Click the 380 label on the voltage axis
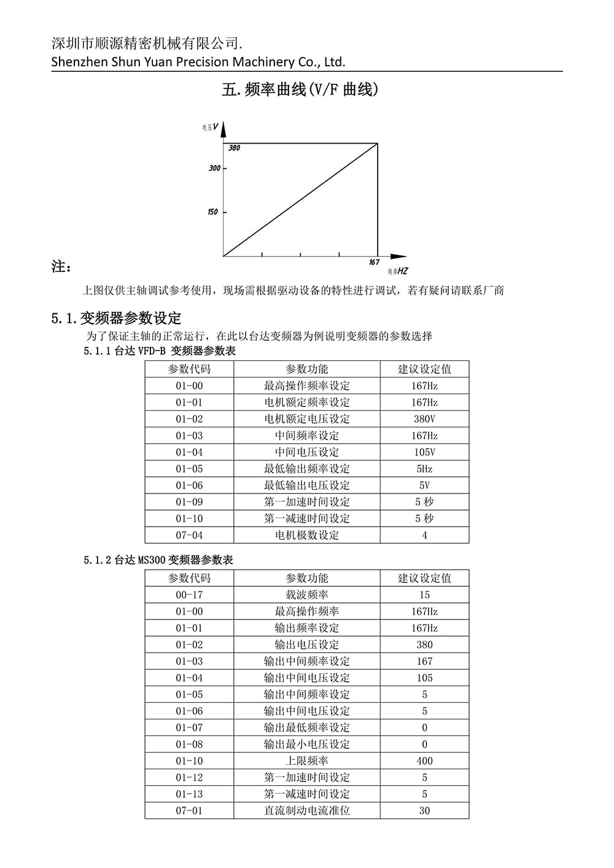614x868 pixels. tap(235, 148)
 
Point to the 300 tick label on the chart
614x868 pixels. tap(214, 168)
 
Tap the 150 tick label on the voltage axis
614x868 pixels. tap(212, 212)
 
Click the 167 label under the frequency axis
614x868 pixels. tap(374, 262)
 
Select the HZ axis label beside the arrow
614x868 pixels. tap(402, 271)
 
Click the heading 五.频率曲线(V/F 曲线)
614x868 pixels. tap(300, 90)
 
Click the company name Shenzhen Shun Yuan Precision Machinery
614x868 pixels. tap(198, 61)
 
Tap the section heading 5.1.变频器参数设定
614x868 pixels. tap(117, 318)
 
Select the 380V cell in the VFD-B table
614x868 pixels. tap(424, 419)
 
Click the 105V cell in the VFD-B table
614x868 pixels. tap(424, 452)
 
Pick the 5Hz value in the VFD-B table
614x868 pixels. tap(424, 469)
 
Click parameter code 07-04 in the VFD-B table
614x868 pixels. tap(189, 535)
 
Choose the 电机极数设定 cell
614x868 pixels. tap(306, 535)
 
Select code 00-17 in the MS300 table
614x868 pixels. tap(189, 595)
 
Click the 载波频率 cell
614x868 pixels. tap(306, 595)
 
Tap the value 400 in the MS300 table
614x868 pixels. tap(424, 761)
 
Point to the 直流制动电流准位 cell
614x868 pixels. tap(306, 810)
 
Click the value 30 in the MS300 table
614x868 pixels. tap(424, 810)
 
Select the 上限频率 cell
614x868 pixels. tap(306, 761)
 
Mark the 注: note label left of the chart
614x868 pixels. tap(61, 267)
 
